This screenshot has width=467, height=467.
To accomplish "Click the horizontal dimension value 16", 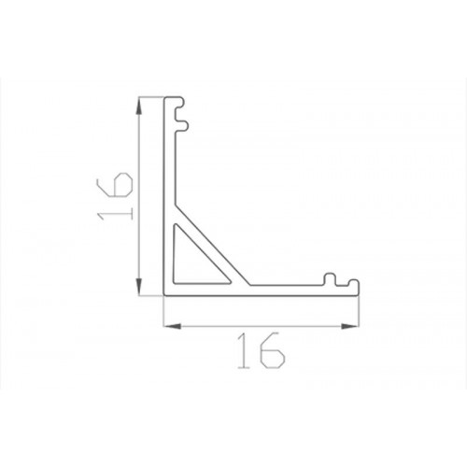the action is click(261, 350).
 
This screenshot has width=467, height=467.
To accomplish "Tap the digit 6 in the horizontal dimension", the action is click(273, 350).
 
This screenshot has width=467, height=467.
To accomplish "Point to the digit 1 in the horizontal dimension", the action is click(245, 350).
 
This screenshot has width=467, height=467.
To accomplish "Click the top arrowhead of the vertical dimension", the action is click(139, 106).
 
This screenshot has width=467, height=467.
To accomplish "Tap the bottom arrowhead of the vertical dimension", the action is click(139, 287).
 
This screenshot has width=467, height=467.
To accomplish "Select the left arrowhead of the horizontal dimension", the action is click(172, 326).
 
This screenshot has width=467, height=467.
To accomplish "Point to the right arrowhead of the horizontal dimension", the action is click(350, 326).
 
